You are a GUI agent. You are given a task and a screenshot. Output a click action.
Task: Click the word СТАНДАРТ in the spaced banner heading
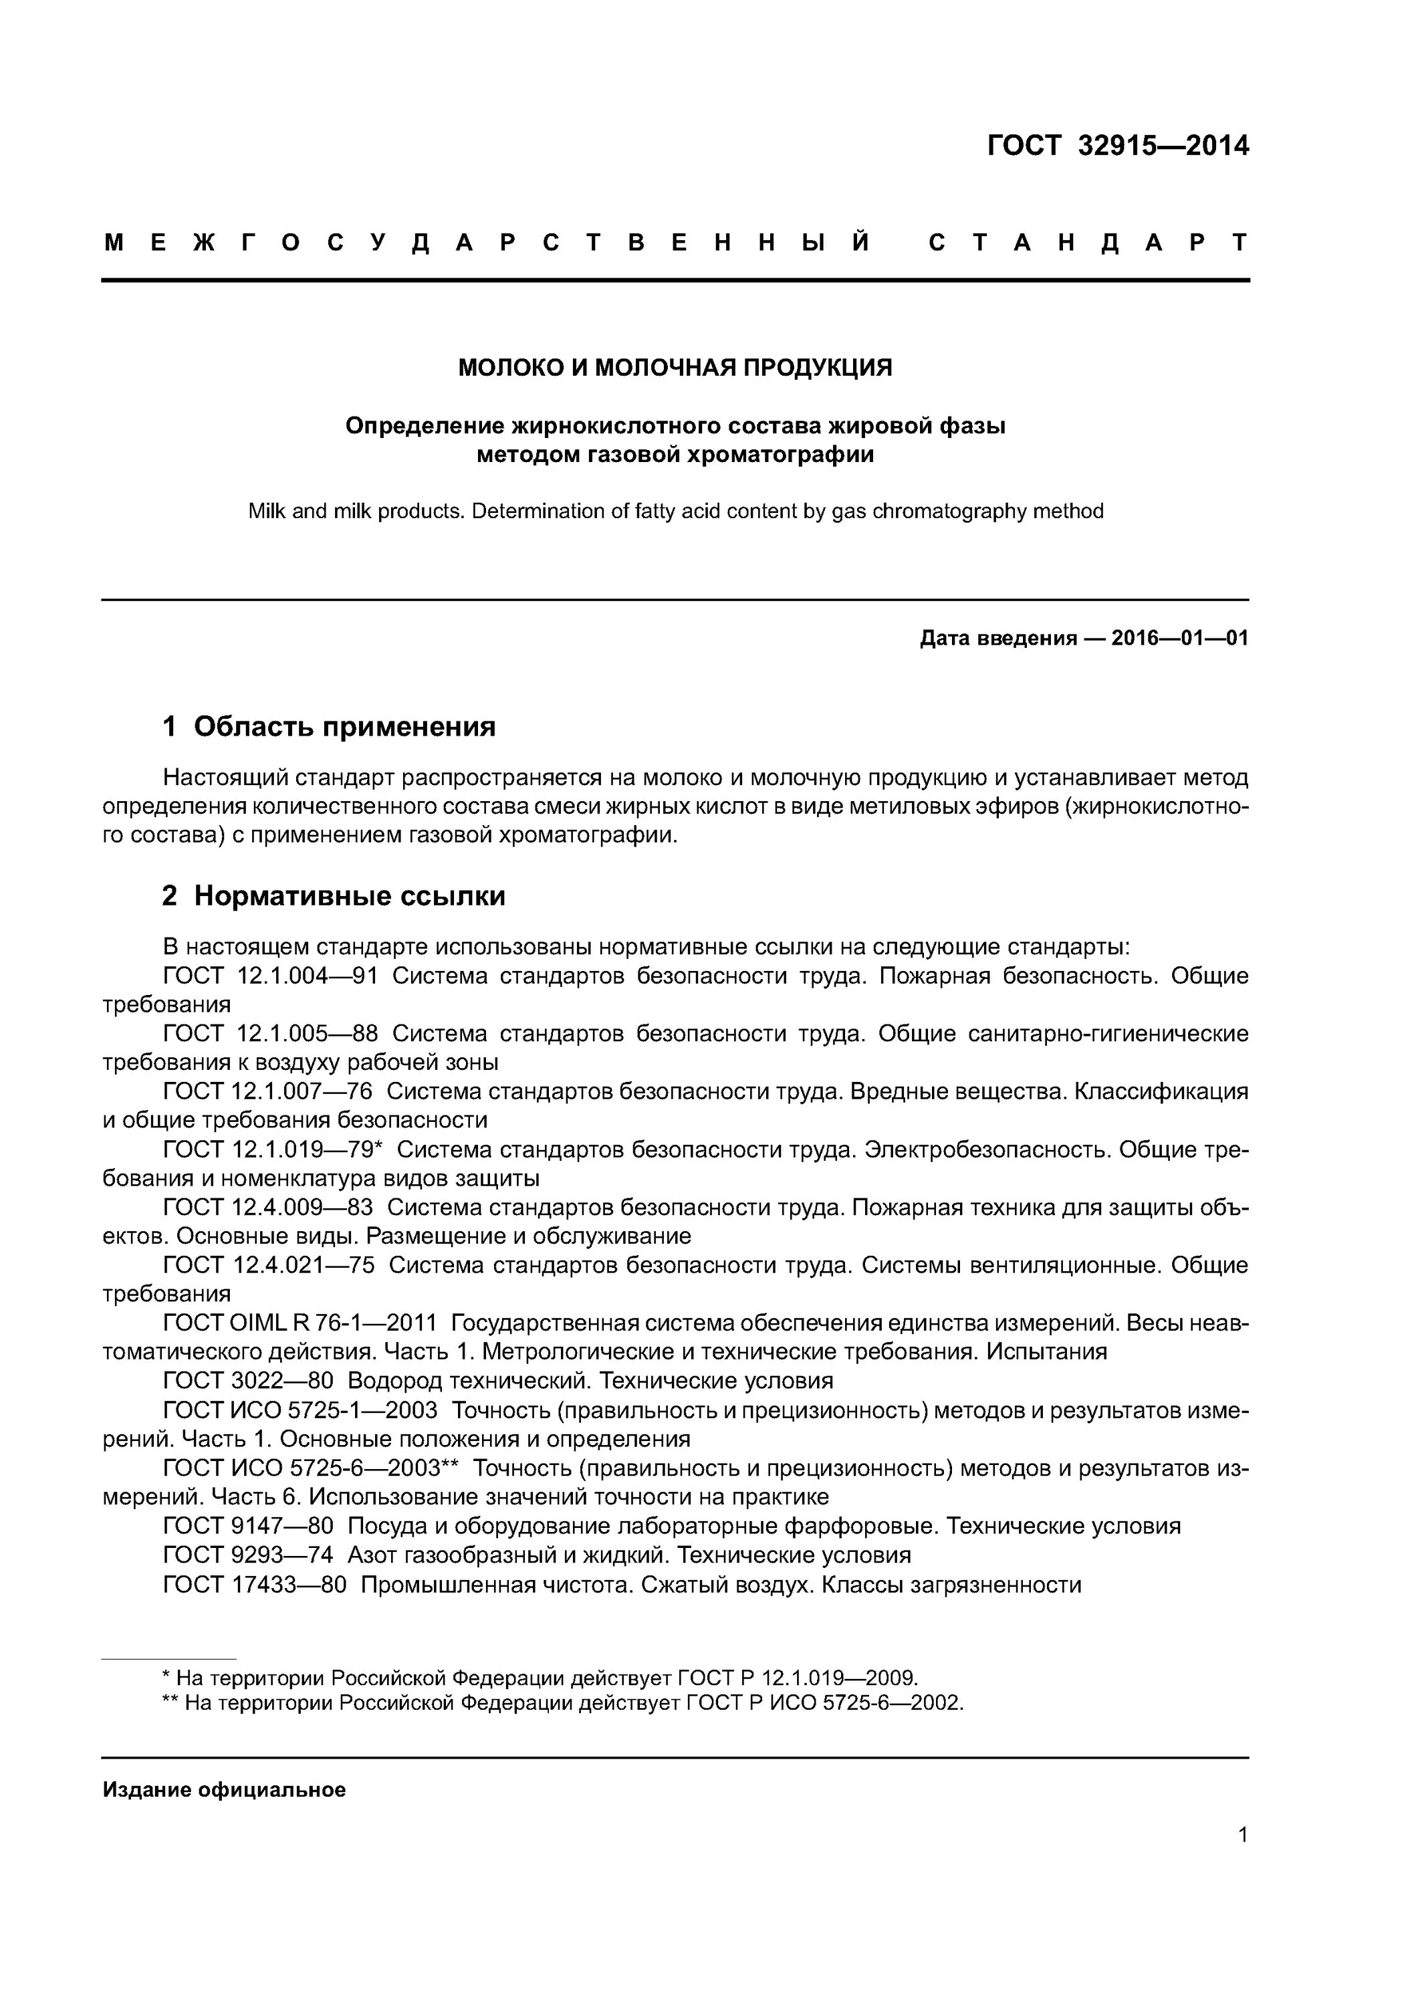1088,243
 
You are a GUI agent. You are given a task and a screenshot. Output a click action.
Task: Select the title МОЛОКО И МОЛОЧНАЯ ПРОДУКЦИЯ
675,368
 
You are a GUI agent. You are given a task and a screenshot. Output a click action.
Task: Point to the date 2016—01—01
1179,639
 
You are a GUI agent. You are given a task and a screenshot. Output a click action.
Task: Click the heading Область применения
344,726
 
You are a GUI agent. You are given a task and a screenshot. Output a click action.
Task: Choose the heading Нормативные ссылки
350,895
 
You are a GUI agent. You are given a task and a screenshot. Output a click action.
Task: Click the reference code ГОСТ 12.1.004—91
270,976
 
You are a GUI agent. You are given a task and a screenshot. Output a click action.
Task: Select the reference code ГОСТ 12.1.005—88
270,1034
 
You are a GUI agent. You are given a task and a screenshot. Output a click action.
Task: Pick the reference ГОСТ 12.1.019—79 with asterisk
273,1150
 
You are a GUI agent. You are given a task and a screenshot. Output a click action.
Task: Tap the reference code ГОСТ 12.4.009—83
267,1208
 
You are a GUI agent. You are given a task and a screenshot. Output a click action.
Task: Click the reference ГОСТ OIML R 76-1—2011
299,1324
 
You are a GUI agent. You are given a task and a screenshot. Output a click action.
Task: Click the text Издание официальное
224,1790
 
